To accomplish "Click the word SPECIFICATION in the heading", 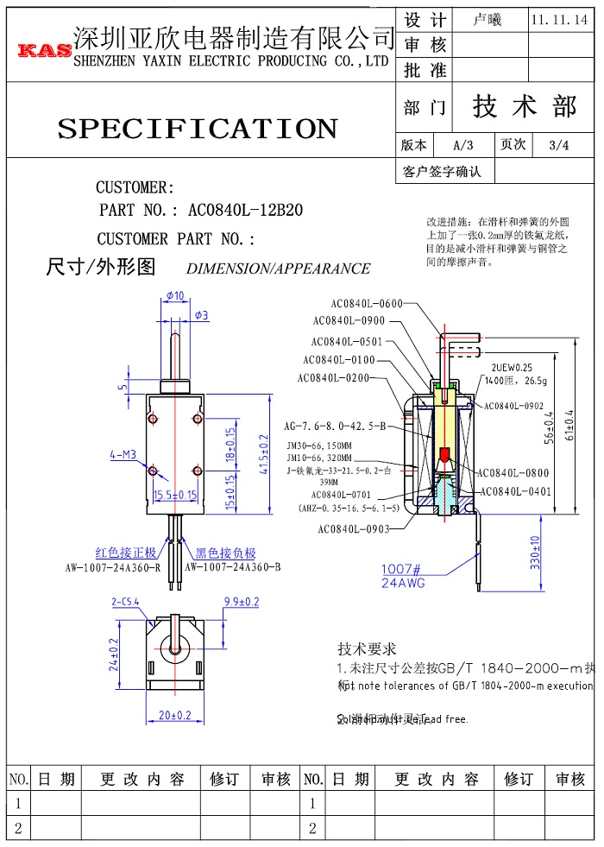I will [x=197, y=129].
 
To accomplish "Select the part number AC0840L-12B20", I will [x=245, y=210].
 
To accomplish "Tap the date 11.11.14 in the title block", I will [x=559, y=19].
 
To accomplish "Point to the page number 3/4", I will [x=558, y=145].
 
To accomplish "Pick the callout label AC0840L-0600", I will [x=367, y=303].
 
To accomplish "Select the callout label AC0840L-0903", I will [x=353, y=529].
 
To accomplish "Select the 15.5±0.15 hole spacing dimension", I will [x=175, y=496].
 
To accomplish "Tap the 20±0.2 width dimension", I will [x=174, y=715].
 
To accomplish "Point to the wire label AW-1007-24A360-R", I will [x=112, y=568].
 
